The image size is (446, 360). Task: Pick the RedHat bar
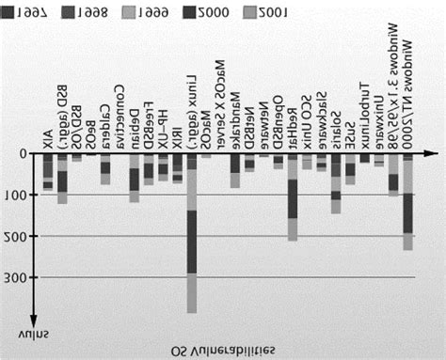click(x=293, y=196)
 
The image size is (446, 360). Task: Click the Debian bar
click(x=135, y=178)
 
